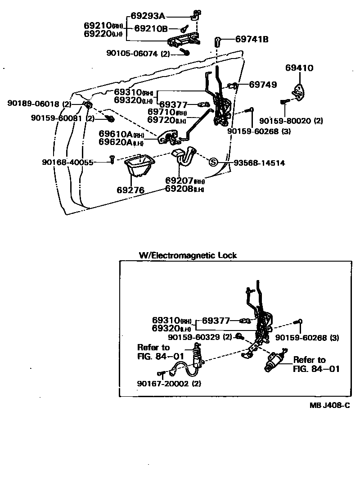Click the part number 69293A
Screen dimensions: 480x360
[148, 16]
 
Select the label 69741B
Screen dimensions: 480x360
[252, 39]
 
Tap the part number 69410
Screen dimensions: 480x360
[299, 68]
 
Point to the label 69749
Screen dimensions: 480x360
[263, 84]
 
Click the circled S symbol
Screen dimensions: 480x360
[213, 163]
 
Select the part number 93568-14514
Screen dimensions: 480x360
[259, 163]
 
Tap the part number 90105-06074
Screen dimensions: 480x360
[132, 53]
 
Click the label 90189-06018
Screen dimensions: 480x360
[33, 104]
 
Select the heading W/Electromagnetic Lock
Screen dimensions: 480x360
[188, 255]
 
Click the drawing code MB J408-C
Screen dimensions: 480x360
[329, 405]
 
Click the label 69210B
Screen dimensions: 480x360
[151, 28]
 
